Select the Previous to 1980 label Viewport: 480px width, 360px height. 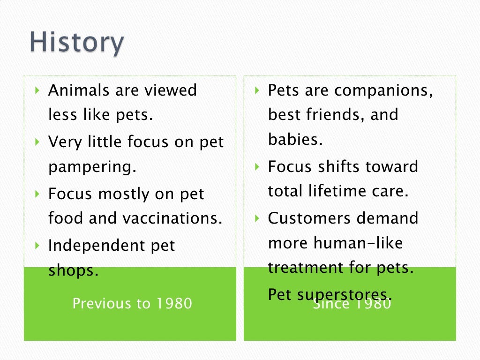[132, 304]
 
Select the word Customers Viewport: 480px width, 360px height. [309, 218]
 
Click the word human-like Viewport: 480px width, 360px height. [358, 243]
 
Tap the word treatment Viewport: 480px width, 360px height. [306, 268]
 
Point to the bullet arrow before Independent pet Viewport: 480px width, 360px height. [38, 245]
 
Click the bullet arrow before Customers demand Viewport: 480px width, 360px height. [257, 217]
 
